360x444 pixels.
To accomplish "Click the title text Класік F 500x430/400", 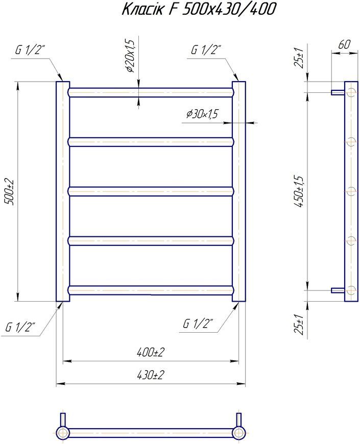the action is [199, 9].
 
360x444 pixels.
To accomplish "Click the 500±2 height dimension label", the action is [9, 191].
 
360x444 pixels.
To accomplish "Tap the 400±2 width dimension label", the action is [151, 352].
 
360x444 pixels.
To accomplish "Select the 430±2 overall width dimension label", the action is [151, 376].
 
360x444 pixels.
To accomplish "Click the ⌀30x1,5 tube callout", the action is [202, 114].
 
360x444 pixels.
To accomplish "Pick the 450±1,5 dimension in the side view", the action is [299, 191].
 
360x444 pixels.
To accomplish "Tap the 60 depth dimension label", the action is [344, 44].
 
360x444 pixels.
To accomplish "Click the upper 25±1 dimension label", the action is [299, 58].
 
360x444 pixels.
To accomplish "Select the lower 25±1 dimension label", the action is [299, 324].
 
